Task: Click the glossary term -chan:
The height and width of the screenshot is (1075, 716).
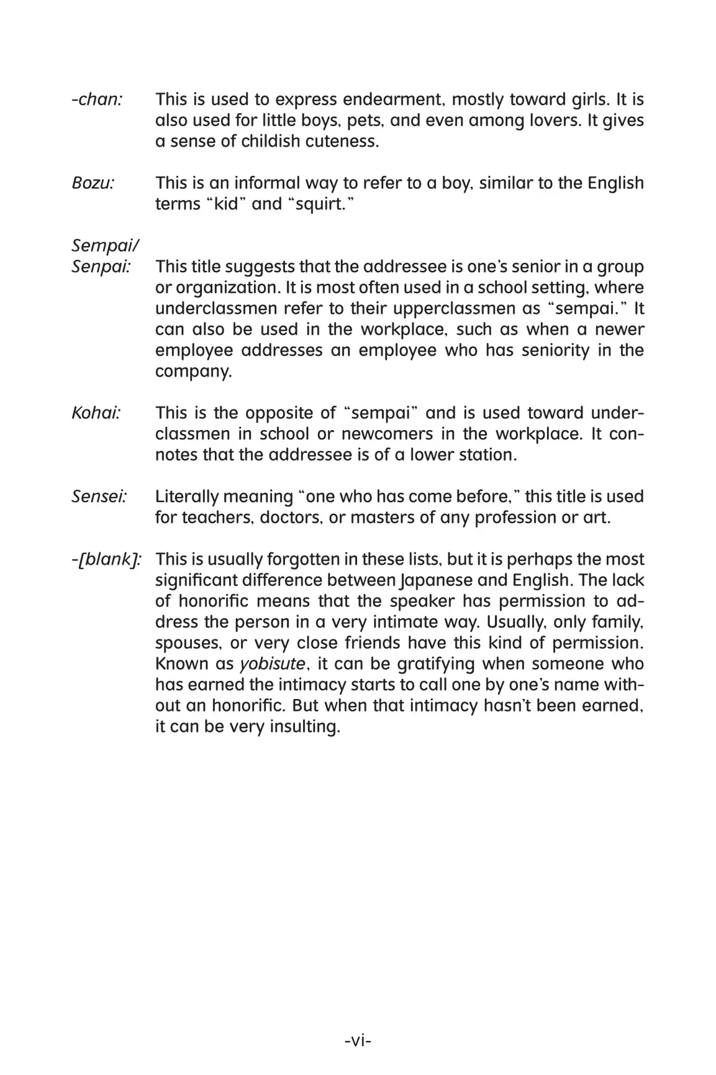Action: tap(97, 99)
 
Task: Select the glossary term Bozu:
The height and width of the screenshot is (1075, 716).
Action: tap(93, 183)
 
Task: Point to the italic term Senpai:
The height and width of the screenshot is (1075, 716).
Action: tap(101, 267)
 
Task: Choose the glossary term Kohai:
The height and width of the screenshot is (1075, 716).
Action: tap(96, 413)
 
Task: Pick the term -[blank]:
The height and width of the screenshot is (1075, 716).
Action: tap(106, 559)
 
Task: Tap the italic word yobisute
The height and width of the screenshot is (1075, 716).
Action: tap(273, 664)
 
